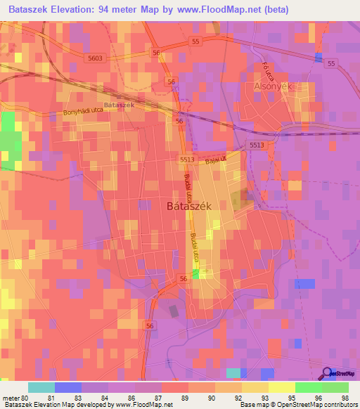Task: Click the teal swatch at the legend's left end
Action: tap(41, 387)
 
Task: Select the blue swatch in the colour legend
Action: tap(68, 387)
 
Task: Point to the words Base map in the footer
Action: tap(252, 405)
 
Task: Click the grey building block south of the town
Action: tap(174, 311)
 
